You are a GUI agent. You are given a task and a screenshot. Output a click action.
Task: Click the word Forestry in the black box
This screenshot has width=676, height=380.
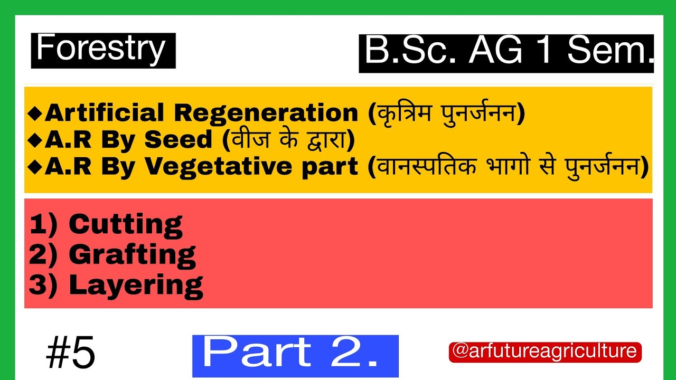point(101,49)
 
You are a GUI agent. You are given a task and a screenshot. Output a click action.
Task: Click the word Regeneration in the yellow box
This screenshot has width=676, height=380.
point(267,113)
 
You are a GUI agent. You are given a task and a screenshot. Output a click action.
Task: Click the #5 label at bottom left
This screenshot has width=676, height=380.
point(70,354)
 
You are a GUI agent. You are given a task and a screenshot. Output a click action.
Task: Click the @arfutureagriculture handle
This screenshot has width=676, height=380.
point(545,351)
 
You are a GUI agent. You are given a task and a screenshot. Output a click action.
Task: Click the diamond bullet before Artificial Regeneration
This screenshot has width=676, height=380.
point(36,113)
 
